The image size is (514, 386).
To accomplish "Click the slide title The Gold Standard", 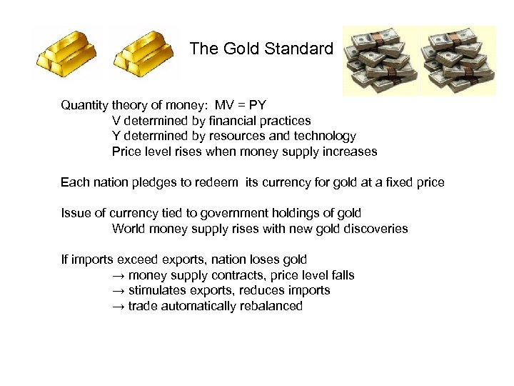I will [x=261, y=49].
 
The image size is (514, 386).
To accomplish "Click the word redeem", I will [x=219, y=182].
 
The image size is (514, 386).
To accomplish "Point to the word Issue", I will [x=75, y=213].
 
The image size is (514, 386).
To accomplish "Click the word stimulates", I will [x=158, y=291].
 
